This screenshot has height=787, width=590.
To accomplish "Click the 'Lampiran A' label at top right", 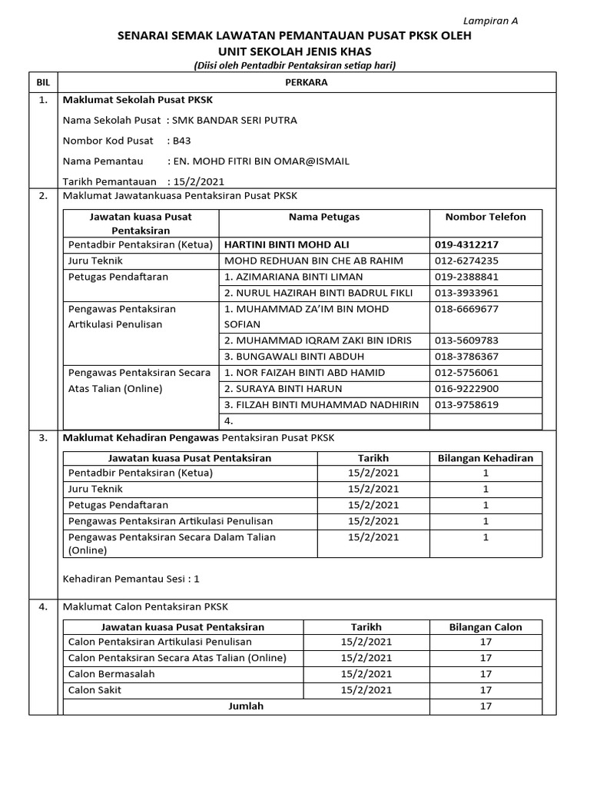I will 490,21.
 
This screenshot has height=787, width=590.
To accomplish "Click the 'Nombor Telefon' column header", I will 486,217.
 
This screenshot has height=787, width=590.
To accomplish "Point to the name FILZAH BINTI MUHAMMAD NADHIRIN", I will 321,405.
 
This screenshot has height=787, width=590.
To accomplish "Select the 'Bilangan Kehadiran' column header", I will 485,458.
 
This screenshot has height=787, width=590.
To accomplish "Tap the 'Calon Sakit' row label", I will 94,690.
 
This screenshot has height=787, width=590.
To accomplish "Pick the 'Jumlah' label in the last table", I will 246,706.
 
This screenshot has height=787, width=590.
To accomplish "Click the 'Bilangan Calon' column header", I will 486,627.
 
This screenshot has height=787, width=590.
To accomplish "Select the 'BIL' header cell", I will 42,81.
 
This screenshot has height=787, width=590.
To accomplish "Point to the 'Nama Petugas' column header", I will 324,217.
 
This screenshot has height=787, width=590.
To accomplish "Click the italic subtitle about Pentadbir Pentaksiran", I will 295,66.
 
